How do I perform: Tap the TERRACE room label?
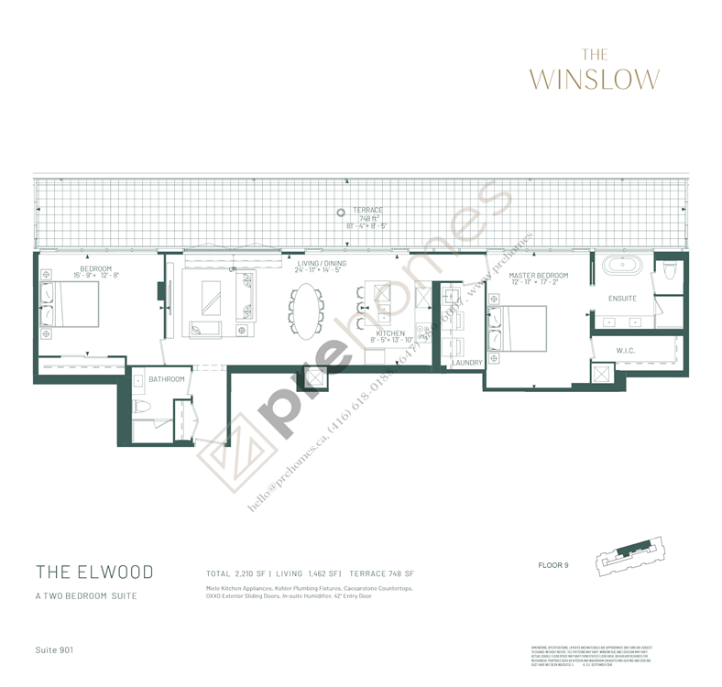pos(366,210)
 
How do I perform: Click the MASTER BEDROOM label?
pos(539,276)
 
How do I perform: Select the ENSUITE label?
pos(622,299)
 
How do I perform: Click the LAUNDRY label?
pos(466,363)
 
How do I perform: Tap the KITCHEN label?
pos(390,333)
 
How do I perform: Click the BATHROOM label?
pos(167,379)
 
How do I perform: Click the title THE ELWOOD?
pos(94,572)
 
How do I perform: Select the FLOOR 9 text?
pos(553,565)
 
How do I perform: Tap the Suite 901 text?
pos(55,649)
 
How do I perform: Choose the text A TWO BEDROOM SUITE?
pos(88,596)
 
